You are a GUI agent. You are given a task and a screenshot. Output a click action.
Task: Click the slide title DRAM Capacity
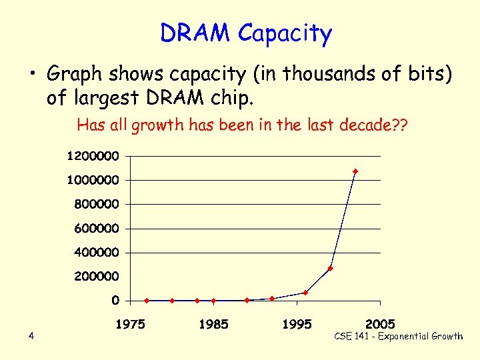245,33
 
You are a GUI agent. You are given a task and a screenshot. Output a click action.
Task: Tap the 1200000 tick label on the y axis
93,156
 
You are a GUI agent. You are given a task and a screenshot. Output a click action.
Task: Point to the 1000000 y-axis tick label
93,180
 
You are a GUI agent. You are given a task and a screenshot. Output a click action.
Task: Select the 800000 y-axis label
97,204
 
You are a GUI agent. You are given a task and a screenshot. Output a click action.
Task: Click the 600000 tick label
97,228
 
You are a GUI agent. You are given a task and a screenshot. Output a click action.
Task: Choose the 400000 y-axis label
97,252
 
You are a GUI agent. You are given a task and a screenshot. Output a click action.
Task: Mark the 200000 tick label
97,276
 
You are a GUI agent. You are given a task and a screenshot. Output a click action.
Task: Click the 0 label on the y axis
115,301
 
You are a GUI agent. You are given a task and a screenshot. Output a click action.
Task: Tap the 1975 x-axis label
131,325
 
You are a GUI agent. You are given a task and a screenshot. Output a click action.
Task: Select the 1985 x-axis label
213,325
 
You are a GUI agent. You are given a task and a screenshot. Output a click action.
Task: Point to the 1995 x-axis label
297,325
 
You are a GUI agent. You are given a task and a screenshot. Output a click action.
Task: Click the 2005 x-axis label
380,325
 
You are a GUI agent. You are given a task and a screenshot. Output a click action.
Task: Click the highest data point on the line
355,171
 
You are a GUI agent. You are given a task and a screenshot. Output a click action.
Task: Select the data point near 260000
330,269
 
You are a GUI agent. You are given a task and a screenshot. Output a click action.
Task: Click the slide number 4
31,336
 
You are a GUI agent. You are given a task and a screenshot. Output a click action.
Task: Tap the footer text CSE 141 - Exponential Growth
398,336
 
